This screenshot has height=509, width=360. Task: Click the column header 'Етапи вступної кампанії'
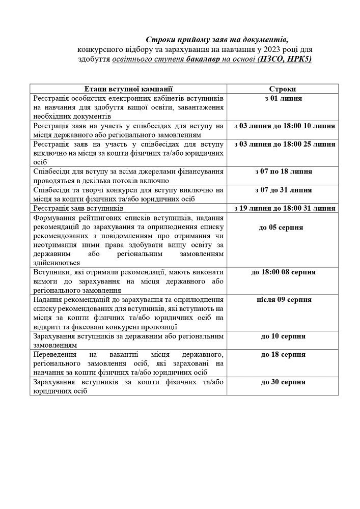(x=128, y=89)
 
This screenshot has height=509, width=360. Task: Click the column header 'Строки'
(x=283, y=89)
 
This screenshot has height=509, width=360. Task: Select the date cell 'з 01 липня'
(x=283, y=98)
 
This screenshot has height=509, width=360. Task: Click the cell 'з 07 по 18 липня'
(x=284, y=172)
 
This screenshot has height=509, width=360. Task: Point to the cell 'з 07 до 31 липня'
(x=284, y=190)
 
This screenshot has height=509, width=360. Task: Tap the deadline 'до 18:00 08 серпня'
(x=283, y=272)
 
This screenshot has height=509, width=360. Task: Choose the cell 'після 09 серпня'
(x=284, y=300)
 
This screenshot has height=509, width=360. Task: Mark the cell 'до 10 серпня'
(x=283, y=336)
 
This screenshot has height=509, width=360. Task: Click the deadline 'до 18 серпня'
(x=283, y=355)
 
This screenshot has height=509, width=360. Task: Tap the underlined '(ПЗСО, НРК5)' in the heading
(x=284, y=59)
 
